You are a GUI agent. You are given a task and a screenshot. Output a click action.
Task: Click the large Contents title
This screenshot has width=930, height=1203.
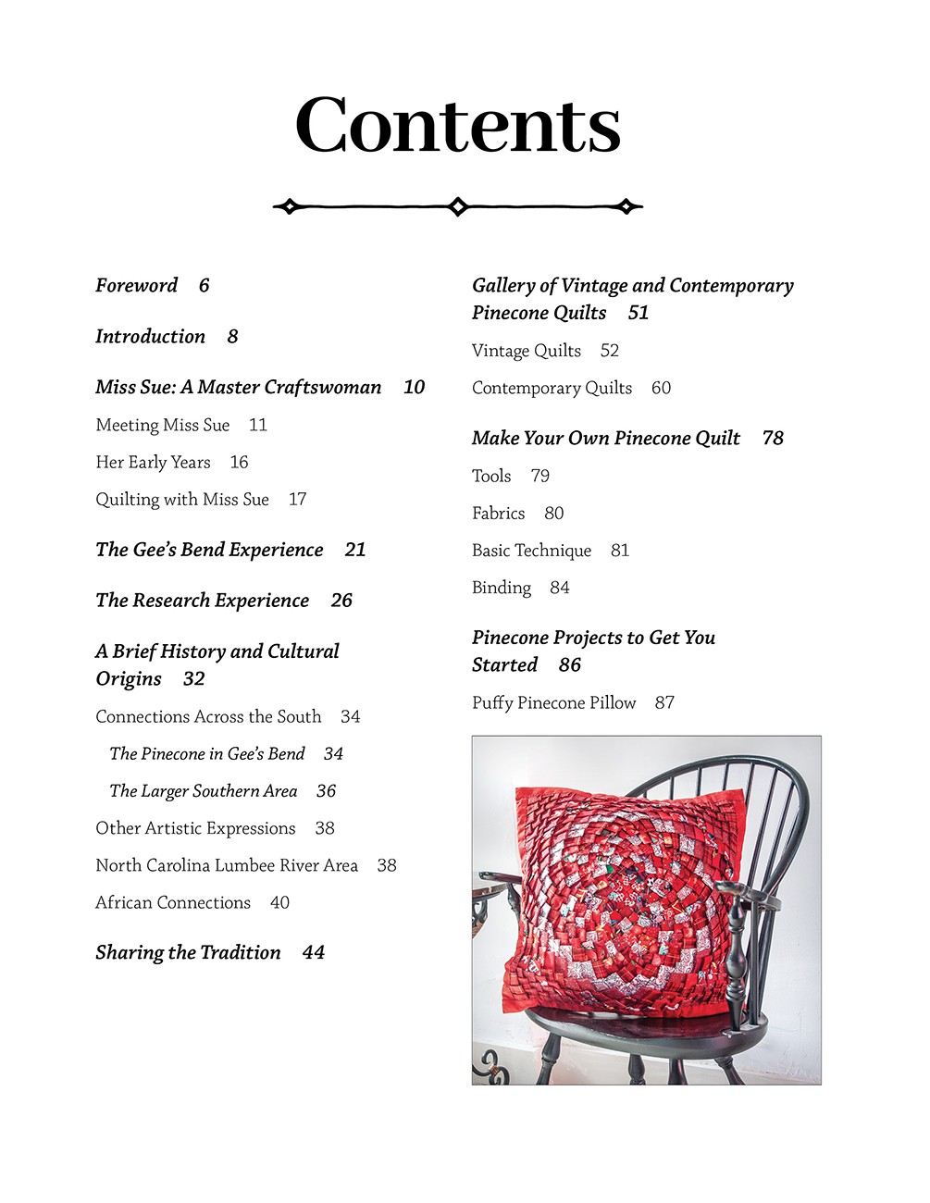point(458,126)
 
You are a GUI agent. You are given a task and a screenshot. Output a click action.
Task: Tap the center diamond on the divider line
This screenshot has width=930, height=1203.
point(457,206)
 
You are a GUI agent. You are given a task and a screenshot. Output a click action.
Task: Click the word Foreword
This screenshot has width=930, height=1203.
point(137,285)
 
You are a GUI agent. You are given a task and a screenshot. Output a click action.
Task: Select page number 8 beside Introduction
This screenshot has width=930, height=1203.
point(232,337)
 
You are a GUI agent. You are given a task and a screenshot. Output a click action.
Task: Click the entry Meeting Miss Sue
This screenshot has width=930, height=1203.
point(163,425)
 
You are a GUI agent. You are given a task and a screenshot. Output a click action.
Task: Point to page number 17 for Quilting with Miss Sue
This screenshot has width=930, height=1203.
point(297,500)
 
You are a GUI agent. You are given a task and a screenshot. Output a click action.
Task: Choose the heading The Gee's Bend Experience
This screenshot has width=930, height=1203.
point(209,550)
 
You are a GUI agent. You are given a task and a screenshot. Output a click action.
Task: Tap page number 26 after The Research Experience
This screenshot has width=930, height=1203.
point(341,601)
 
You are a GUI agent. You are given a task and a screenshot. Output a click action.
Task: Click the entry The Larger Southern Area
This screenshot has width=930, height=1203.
point(204,791)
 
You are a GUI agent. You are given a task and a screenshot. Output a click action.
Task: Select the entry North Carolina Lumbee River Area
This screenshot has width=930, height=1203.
point(227,865)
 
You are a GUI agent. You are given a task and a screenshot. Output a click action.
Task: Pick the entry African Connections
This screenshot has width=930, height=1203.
point(173,902)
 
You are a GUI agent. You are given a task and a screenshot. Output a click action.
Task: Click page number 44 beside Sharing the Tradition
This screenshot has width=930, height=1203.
point(313,953)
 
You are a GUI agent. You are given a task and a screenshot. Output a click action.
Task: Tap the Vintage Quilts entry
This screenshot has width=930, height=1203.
point(527,351)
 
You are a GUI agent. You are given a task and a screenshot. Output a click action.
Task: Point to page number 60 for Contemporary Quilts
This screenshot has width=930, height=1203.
point(661,388)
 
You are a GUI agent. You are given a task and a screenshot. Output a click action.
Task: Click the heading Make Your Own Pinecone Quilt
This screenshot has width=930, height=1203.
point(606,439)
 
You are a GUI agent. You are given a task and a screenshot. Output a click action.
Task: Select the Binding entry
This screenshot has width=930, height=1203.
point(502,588)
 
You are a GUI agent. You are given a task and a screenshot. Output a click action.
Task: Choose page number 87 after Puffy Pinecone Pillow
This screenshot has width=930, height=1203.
point(664,703)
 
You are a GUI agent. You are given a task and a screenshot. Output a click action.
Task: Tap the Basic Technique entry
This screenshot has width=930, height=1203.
point(531,551)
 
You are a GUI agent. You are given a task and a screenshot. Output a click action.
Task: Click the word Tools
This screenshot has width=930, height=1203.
point(491,476)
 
